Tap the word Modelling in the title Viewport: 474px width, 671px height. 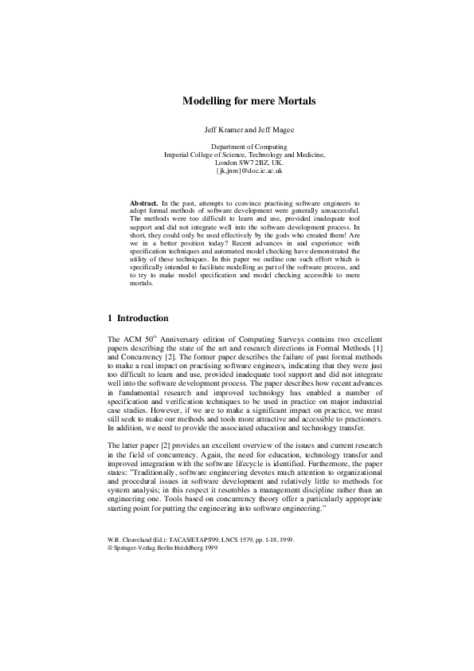pyautogui.click(x=207, y=102)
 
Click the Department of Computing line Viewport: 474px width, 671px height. pyautogui.click(x=237, y=147)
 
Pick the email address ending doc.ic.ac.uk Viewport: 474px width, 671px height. pyautogui.click(x=237, y=171)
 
